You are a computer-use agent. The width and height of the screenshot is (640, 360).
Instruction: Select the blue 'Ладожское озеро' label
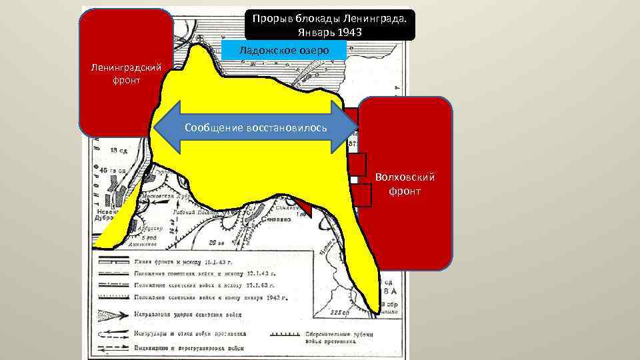[283, 49]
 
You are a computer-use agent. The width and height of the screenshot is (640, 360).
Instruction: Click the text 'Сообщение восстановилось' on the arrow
[256, 127]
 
